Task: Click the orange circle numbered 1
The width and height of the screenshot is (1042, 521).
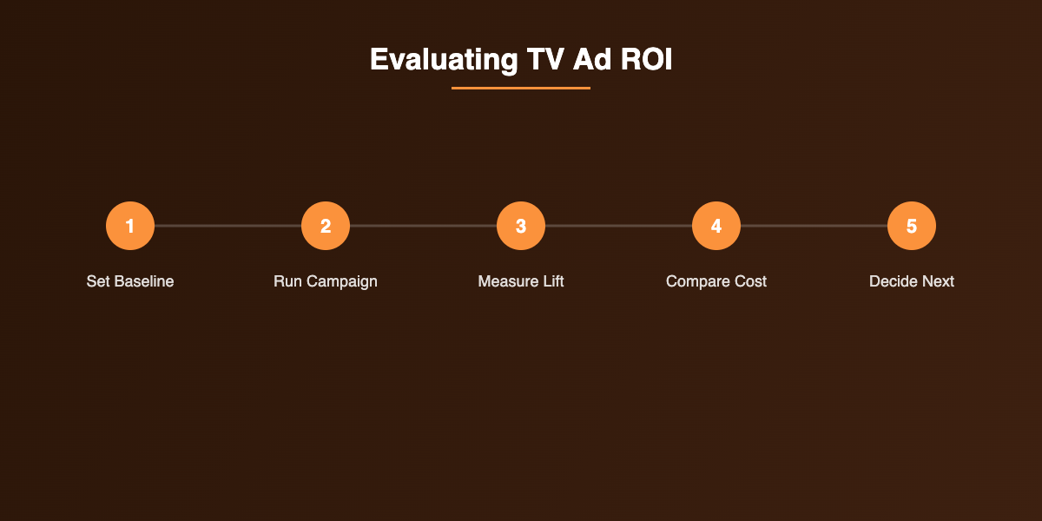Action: (x=130, y=226)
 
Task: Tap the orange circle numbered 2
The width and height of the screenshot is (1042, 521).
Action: (x=326, y=226)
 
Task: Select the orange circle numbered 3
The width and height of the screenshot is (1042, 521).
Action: (x=521, y=226)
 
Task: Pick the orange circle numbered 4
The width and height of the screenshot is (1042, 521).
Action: (x=716, y=226)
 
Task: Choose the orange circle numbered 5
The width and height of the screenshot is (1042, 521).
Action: (x=912, y=226)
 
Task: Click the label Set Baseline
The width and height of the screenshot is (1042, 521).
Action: (x=130, y=281)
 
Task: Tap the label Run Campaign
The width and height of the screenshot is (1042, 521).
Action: (x=326, y=281)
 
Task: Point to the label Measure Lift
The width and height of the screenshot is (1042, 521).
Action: (x=521, y=281)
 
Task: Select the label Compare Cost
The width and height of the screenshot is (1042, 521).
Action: (x=716, y=281)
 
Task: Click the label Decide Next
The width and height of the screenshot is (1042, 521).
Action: (x=912, y=281)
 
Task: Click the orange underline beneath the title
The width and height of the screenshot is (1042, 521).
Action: (x=521, y=88)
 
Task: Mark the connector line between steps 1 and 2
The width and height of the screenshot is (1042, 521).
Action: (x=228, y=226)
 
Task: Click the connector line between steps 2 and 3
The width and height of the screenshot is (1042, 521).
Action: (x=423, y=226)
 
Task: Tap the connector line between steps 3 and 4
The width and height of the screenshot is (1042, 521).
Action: (x=618, y=226)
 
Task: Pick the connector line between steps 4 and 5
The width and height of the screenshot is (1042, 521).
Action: (x=814, y=226)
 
